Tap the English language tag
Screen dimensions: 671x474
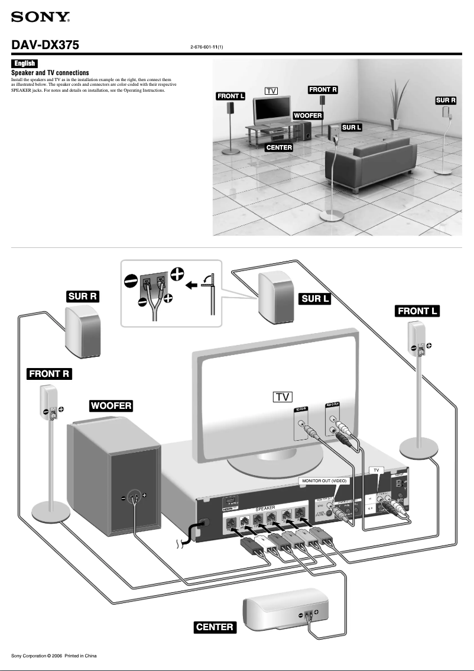point(25,63)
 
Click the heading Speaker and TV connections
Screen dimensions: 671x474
point(50,73)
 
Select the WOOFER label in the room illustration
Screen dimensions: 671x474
point(307,115)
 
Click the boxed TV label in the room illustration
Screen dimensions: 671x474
point(271,91)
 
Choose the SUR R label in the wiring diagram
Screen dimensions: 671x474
point(82,296)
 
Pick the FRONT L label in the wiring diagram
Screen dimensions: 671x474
point(418,311)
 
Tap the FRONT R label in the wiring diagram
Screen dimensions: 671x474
point(50,373)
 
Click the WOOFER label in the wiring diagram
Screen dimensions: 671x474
point(111,405)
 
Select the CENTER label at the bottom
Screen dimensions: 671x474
point(215,627)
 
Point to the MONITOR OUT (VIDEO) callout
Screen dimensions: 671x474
point(324,481)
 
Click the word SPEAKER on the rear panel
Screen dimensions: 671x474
point(265,508)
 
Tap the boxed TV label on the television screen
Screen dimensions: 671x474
point(283,396)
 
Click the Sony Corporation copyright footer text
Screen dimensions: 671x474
point(54,656)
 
